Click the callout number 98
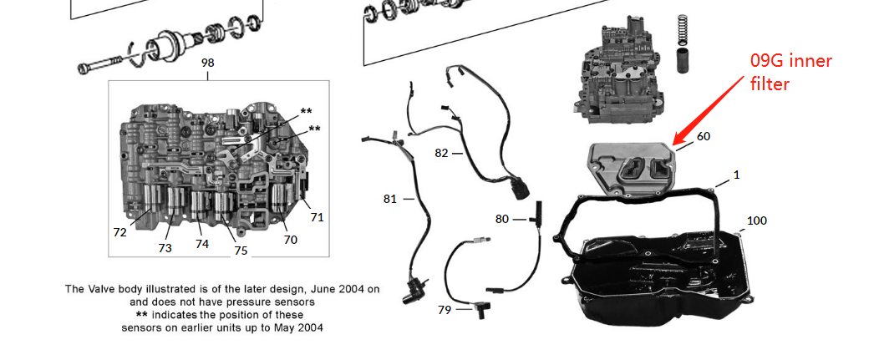[207, 63]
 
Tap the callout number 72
[119, 232]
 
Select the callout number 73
[165, 248]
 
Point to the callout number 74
[201, 244]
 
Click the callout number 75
[241, 251]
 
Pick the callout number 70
[291, 240]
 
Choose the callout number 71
[318, 217]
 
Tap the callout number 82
[441, 153]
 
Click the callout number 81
[390, 199]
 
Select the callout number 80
[502, 219]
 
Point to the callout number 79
[445, 310]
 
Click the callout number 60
[704, 136]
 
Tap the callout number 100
[756, 221]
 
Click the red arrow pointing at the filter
[709, 109]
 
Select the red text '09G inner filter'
[791, 73]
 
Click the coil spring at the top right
[683, 31]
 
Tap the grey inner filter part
[633, 169]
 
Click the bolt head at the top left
[84, 69]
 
